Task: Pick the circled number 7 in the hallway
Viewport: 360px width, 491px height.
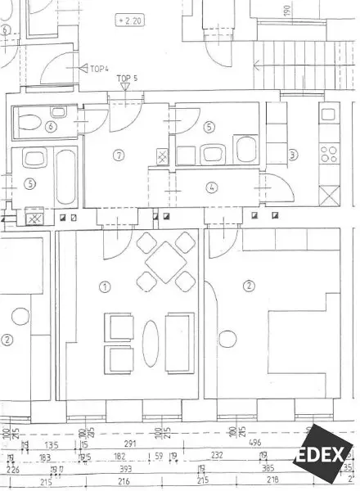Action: point(119,155)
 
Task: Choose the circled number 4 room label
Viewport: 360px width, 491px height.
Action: point(212,187)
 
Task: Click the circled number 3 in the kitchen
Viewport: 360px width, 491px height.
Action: point(292,155)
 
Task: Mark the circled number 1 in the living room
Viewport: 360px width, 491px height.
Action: point(105,286)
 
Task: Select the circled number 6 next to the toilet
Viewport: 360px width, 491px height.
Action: point(51,127)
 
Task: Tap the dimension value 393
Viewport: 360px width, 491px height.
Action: point(124,469)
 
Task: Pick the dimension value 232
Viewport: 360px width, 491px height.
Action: point(217,455)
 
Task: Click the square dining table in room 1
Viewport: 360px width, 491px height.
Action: point(161,265)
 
